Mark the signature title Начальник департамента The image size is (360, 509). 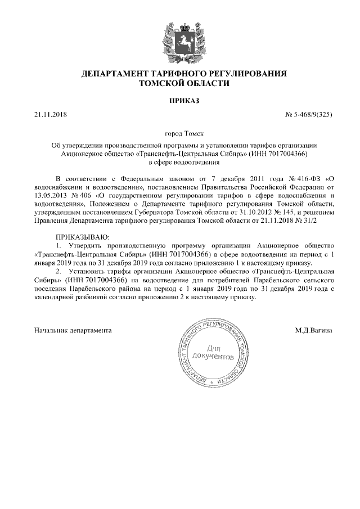tap(73, 330)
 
